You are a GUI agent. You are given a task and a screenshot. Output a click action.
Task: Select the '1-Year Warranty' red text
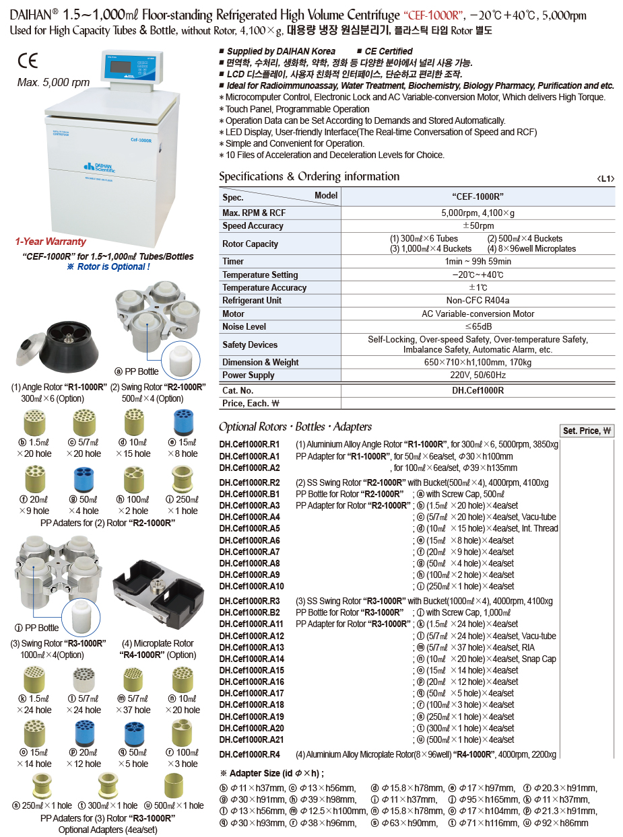click(x=51, y=242)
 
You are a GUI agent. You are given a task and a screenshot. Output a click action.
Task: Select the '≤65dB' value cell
click(x=478, y=326)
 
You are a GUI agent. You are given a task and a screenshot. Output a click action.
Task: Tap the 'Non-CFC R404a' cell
click(x=478, y=300)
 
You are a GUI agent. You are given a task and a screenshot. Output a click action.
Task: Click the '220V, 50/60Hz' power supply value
click(x=478, y=375)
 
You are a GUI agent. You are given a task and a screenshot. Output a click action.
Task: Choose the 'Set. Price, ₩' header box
click(x=587, y=431)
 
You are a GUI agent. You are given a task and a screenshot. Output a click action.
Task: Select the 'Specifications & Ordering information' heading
click(x=309, y=177)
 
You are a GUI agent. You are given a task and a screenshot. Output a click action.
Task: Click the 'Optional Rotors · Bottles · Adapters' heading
click(x=295, y=427)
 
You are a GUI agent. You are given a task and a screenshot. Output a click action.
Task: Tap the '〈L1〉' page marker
click(x=605, y=179)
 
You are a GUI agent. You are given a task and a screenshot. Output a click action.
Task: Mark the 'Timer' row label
click(x=233, y=261)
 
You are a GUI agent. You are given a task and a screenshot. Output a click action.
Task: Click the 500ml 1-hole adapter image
click(x=176, y=787)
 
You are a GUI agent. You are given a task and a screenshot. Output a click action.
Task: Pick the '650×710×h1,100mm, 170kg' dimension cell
click(x=478, y=362)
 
